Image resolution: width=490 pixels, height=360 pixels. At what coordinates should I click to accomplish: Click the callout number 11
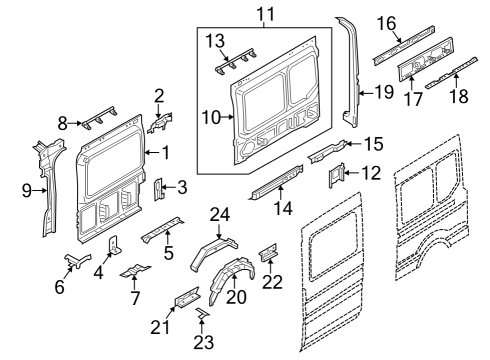(x=264, y=13)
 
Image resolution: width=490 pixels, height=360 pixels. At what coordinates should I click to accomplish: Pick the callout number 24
(x=219, y=213)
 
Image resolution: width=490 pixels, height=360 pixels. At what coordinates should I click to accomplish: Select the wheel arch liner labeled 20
(x=229, y=279)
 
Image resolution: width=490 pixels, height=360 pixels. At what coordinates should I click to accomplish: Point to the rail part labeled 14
(x=275, y=184)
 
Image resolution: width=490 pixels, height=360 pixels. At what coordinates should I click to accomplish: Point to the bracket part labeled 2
(x=158, y=123)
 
